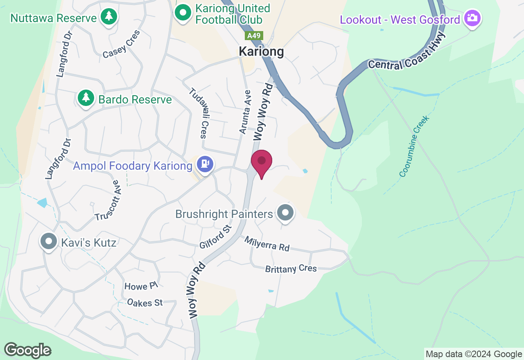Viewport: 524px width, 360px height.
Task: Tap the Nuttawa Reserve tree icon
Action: tap(108, 17)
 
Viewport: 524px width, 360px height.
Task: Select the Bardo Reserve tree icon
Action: tap(86, 98)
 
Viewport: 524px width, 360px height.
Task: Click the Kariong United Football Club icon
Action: tap(183, 13)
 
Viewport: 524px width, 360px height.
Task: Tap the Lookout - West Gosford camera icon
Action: tap(472, 18)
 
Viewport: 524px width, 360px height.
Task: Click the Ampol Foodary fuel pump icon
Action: tap(205, 164)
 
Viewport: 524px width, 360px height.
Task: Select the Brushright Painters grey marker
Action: tap(285, 213)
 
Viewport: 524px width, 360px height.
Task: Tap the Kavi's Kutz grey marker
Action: tap(49, 241)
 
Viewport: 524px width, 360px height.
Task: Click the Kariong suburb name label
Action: tap(261, 52)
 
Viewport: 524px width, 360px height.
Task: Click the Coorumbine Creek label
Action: tap(415, 146)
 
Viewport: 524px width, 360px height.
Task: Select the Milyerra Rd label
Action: tap(267, 244)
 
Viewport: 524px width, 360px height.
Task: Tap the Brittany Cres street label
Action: tap(291, 269)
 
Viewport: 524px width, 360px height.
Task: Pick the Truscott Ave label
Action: tap(107, 200)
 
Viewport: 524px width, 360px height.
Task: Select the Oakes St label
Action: tap(145, 303)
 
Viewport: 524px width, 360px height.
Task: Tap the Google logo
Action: tap(27, 350)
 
